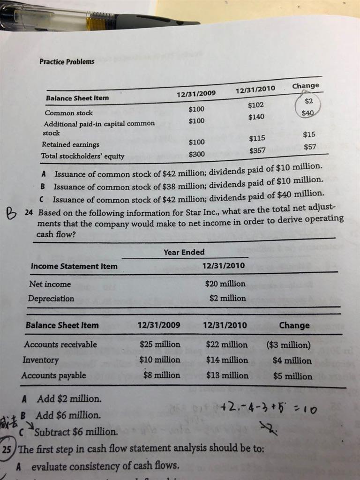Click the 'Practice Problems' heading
(67, 61)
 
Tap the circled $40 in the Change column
(307, 113)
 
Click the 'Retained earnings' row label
(64, 144)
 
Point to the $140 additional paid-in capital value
(256, 116)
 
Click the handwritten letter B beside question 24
(10, 216)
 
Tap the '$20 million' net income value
(225, 284)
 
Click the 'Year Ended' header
(184, 252)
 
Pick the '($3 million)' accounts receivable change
(288, 345)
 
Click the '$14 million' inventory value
(227, 360)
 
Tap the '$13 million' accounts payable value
(227, 375)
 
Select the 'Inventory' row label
(41, 360)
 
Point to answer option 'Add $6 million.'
(68, 415)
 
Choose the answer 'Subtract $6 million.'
(75, 431)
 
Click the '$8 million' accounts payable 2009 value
(162, 375)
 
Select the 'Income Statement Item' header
(74, 266)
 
